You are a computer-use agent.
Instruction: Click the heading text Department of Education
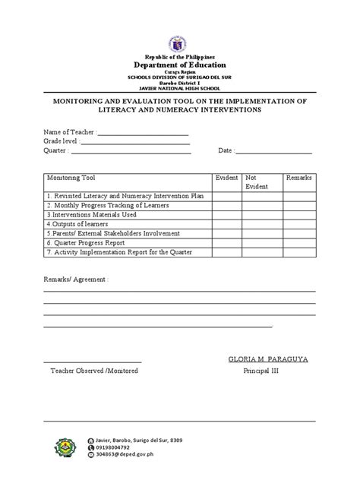coord(180,66)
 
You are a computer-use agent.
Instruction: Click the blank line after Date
coord(274,153)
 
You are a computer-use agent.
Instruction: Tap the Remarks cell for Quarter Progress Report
coord(298,243)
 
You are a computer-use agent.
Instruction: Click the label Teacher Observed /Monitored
coord(90,372)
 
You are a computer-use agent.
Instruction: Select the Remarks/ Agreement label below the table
coord(75,279)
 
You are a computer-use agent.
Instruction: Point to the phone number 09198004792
coord(119,448)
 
